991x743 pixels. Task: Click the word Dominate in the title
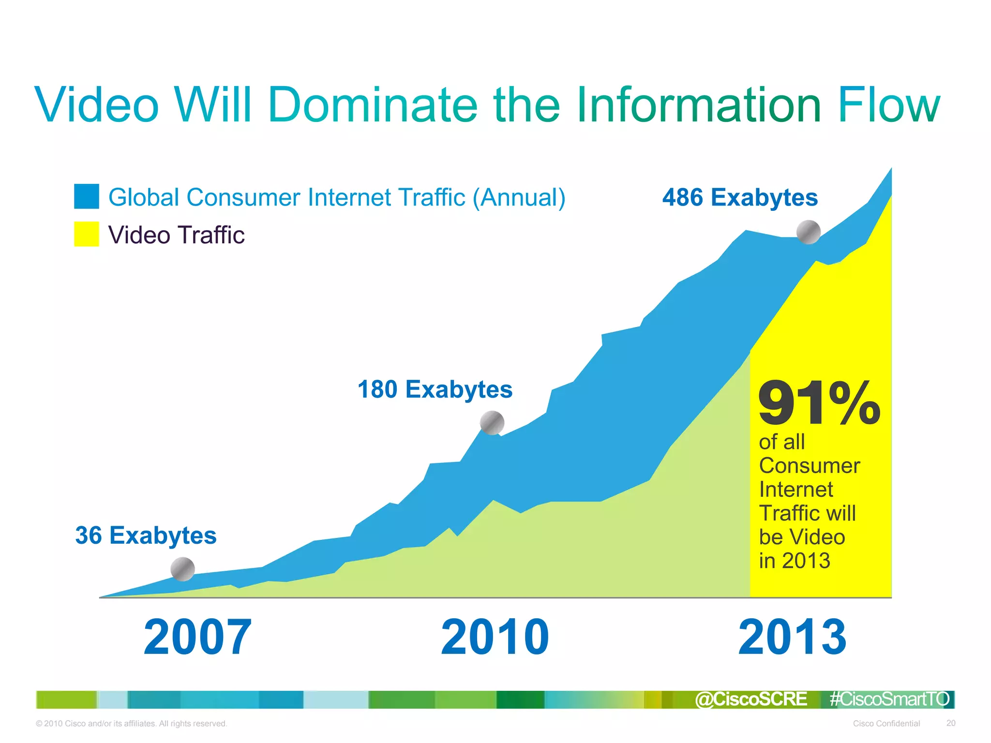pos(373,104)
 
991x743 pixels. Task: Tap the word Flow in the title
pos(888,104)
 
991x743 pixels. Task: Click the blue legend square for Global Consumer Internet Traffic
pos(87,196)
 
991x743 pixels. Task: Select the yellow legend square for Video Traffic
pos(87,234)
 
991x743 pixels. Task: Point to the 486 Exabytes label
pos(740,197)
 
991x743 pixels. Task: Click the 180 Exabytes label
pos(435,389)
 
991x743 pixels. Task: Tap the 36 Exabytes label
pos(146,535)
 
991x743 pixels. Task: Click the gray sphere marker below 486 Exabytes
pos(809,232)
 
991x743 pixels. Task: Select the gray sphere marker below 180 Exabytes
pos(492,423)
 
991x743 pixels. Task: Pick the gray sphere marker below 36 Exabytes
pos(183,569)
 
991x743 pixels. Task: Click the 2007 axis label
pos(197,637)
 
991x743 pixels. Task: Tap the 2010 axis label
pos(495,637)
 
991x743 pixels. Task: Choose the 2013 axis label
pos(792,637)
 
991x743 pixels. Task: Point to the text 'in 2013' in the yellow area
pos(794,561)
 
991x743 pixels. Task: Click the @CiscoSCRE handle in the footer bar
pos(751,699)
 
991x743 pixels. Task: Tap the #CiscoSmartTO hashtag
pos(889,699)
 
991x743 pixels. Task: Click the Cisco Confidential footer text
pos(886,724)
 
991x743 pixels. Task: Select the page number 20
pos(951,723)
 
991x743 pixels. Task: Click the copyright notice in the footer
pos(131,724)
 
